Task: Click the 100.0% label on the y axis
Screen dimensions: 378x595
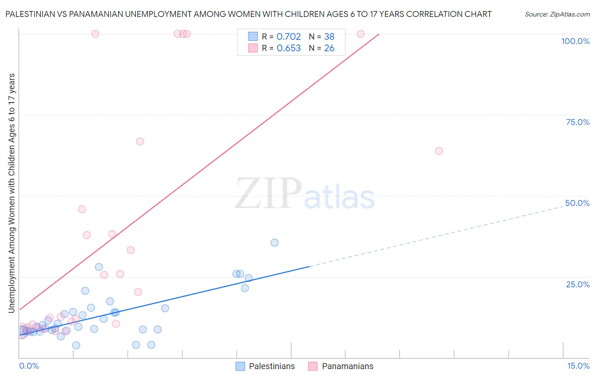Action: (575, 41)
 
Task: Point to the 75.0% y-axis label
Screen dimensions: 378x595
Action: (578, 122)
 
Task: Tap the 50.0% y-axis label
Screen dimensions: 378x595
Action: (577, 203)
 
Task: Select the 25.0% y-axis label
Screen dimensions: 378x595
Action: (578, 284)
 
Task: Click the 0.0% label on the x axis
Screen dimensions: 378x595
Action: (29, 366)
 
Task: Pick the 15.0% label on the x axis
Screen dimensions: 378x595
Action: (578, 366)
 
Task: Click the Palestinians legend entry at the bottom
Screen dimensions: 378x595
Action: (272, 366)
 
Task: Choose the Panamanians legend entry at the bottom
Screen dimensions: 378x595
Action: (347, 366)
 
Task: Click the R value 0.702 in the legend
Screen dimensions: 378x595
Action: (289, 37)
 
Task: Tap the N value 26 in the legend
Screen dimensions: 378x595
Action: (329, 48)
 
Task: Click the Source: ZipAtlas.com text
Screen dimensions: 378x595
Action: (557, 14)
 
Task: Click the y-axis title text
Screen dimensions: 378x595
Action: (11, 193)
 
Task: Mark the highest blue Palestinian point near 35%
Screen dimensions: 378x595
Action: (275, 243)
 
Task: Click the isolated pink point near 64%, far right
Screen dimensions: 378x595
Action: (439, 151)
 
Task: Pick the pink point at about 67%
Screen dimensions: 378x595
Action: (140, 142)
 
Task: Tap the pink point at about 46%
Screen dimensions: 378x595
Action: (82, 209)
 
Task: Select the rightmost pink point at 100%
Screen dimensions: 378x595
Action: (361, 34)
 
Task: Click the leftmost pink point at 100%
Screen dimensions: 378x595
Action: (95, 34)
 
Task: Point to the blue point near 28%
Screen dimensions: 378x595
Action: (99, 267)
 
